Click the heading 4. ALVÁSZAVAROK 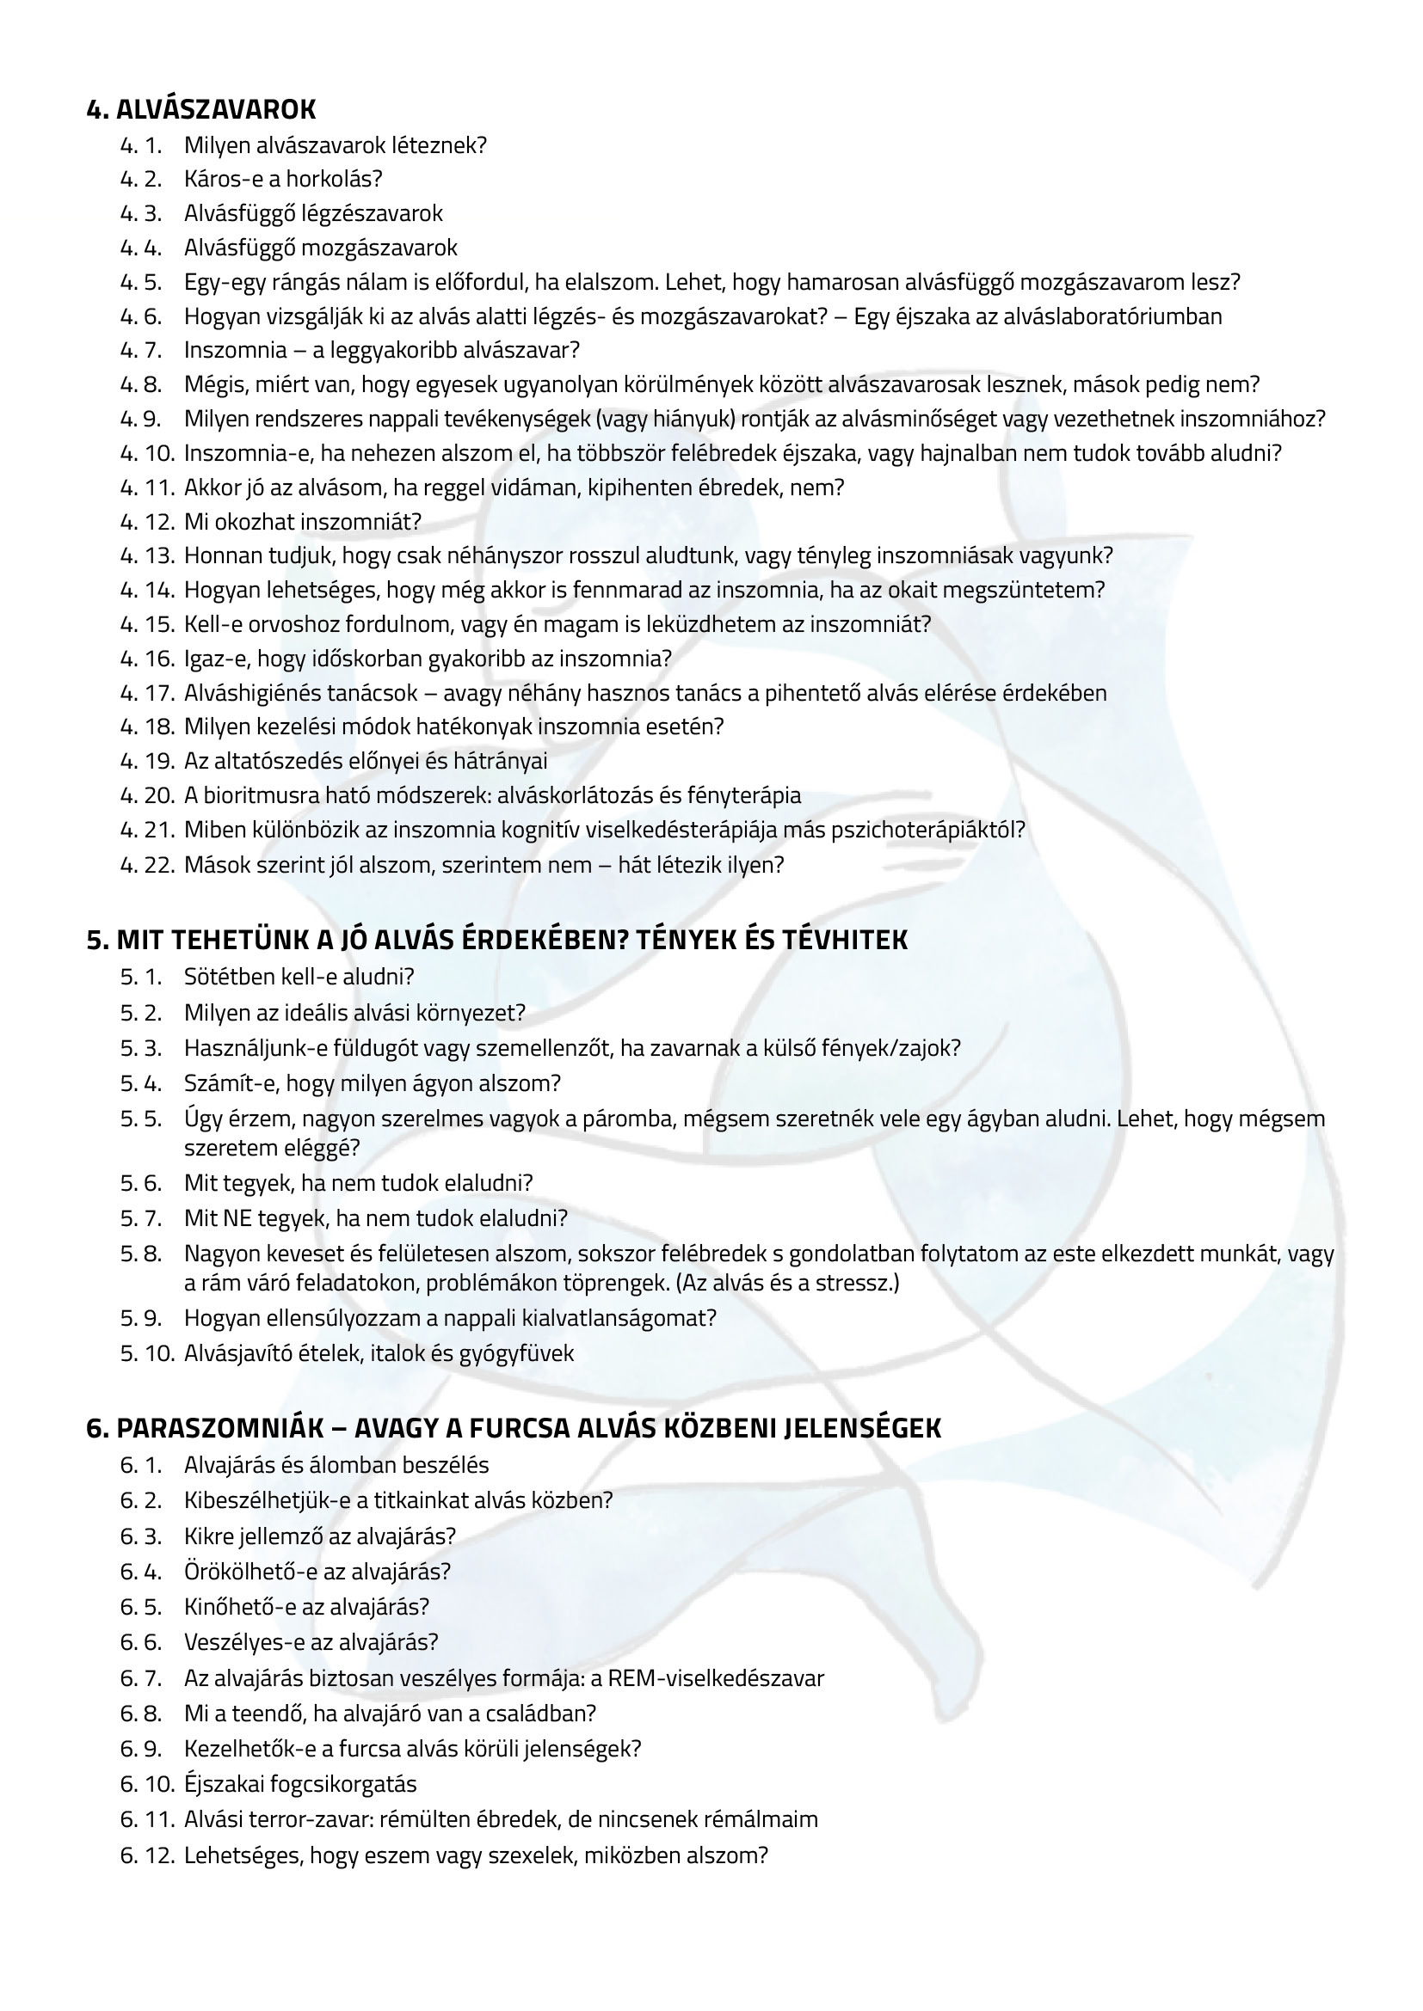pyautogui.click(x=200, y=109)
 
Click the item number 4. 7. pyautogui.click(x=141, y=350)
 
